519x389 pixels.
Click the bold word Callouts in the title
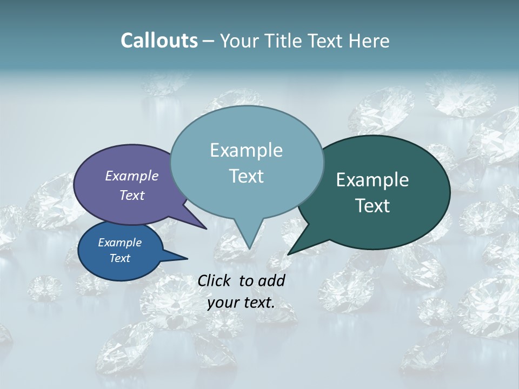pyautogui.click(x=159, y=41)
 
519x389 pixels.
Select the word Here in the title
pyautogui.click(x=369, y=41)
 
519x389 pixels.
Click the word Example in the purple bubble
pyautogui.click(x=132, y=176)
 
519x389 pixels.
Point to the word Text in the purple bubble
pyautogui.click(x=132, y=195)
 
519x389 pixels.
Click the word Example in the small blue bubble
pyautogui.click(x=120, y=243)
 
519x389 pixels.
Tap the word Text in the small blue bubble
pyautogui.click(x=120, y=258)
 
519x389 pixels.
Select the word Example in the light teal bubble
pyautogui.click(x=246, y=150)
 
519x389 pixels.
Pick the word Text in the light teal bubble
pyautogui.click(x=246, y=176)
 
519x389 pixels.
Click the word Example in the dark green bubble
pyautogui.click(x=372, y=180)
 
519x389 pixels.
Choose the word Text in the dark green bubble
pyautogui.click(x=372, y=206)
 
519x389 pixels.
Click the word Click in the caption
pyautogui.click(x=215, y=280)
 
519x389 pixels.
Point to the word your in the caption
pyautogui.click(x=223, y=303)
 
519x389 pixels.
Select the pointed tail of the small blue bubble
pyautogui.click(x=185, y=259)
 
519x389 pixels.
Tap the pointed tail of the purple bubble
pyautogui.click(x=205, y=228)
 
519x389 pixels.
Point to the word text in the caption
pyautogui.click(x=258, y=303)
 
